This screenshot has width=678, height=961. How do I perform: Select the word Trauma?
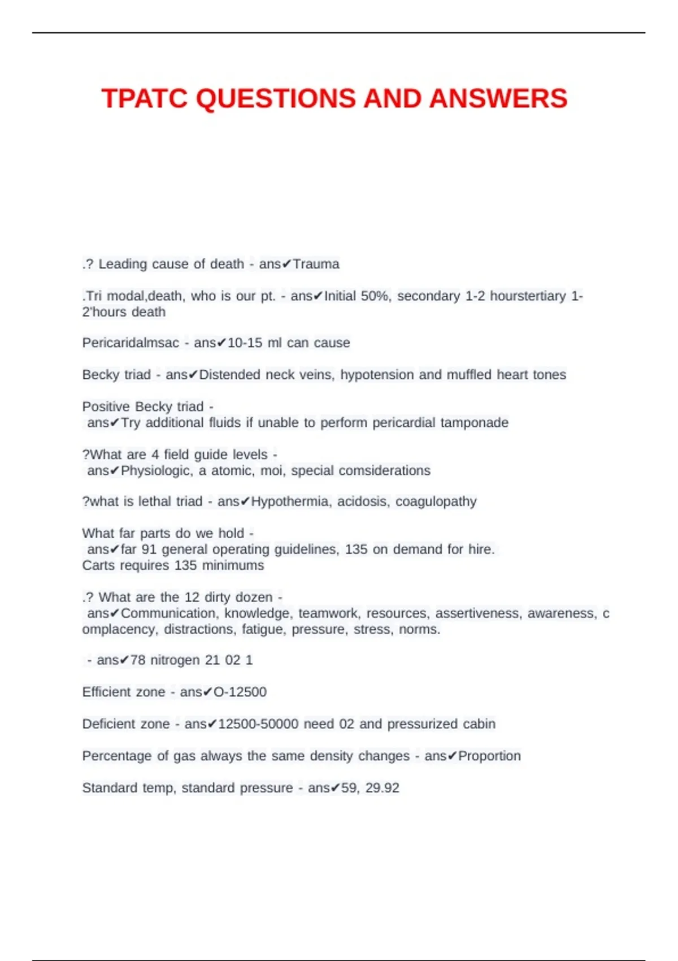click(316, 264)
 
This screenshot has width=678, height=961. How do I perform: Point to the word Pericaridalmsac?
click(131, 343)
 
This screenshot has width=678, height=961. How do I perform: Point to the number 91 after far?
click(149, 549)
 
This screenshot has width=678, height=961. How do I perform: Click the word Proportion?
click(489, 756)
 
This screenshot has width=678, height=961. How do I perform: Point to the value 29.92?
click(383, 787)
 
